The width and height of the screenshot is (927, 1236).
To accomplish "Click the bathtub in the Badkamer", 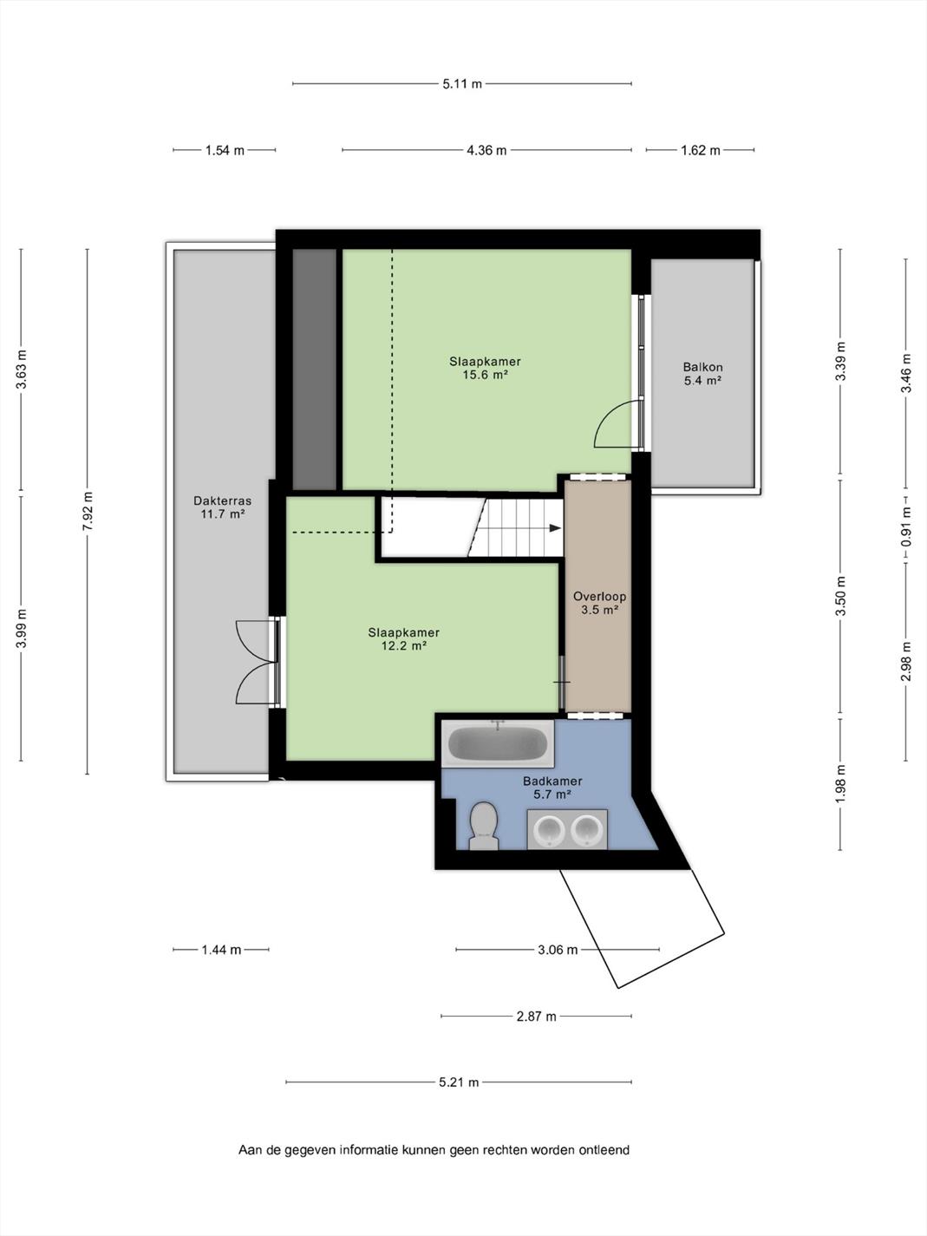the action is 498,743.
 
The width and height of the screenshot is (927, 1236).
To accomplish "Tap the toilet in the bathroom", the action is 484,826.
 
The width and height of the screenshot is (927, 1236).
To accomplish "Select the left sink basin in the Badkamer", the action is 549,829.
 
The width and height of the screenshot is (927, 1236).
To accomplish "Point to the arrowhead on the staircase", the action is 555,528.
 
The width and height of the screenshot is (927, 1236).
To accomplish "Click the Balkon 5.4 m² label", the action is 702,373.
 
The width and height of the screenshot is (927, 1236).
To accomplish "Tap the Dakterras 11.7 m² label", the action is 222,507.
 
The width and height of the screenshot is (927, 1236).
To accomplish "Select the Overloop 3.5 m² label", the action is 599,603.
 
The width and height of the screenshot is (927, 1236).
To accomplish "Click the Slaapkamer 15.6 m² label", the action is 485,368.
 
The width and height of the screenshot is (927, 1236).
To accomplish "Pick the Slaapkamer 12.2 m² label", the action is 403,639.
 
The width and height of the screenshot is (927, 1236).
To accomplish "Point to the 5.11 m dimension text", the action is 462,84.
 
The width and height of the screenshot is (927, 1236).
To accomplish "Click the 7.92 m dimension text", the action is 88,511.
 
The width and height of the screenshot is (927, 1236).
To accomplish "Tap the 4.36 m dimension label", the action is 486,150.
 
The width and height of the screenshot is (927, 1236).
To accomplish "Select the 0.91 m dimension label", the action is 905,527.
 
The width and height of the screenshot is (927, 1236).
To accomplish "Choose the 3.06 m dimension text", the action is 558,950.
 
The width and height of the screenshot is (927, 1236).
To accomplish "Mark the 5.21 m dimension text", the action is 459,1082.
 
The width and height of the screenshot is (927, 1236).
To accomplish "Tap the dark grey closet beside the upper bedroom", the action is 315,369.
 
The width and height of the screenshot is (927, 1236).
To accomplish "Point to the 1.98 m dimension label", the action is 840,784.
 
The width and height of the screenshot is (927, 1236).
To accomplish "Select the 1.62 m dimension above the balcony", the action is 700,150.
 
